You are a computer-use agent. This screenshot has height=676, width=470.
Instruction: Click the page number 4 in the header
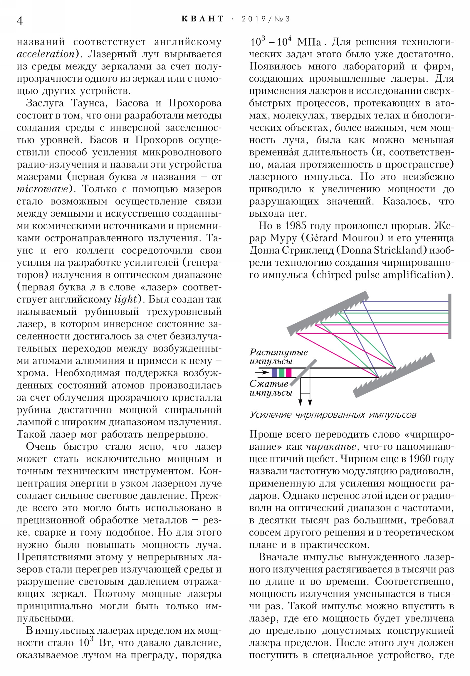[x=20, y=21]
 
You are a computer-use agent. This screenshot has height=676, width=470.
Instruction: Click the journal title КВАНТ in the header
[x=203, y=19]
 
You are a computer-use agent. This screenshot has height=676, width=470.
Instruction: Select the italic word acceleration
[x=45, y=54]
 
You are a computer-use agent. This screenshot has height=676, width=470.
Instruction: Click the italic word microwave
[x=42, y=189]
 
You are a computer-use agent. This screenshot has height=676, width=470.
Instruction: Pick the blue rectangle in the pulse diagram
[x=274, y=373]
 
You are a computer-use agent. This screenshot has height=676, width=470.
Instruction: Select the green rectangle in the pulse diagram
[x=282, y=373]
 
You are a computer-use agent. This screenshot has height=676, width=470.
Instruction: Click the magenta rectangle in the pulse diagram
[x=288, y=373]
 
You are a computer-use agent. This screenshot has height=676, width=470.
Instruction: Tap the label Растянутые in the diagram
[x=278, y=352]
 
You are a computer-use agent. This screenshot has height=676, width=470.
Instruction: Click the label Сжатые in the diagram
[x=269, y=384]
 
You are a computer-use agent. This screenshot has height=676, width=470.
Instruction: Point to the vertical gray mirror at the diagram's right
[x=449, y=316]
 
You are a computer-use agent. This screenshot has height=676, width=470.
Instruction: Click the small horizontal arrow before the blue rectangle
[x=262, y=372]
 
